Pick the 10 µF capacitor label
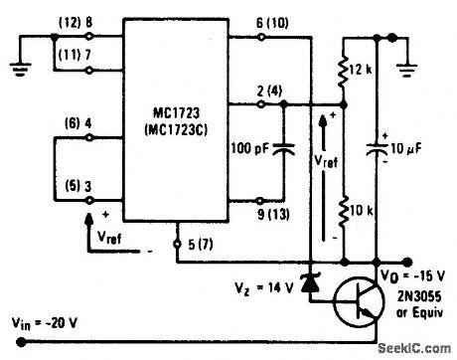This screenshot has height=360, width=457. point(409,150)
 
